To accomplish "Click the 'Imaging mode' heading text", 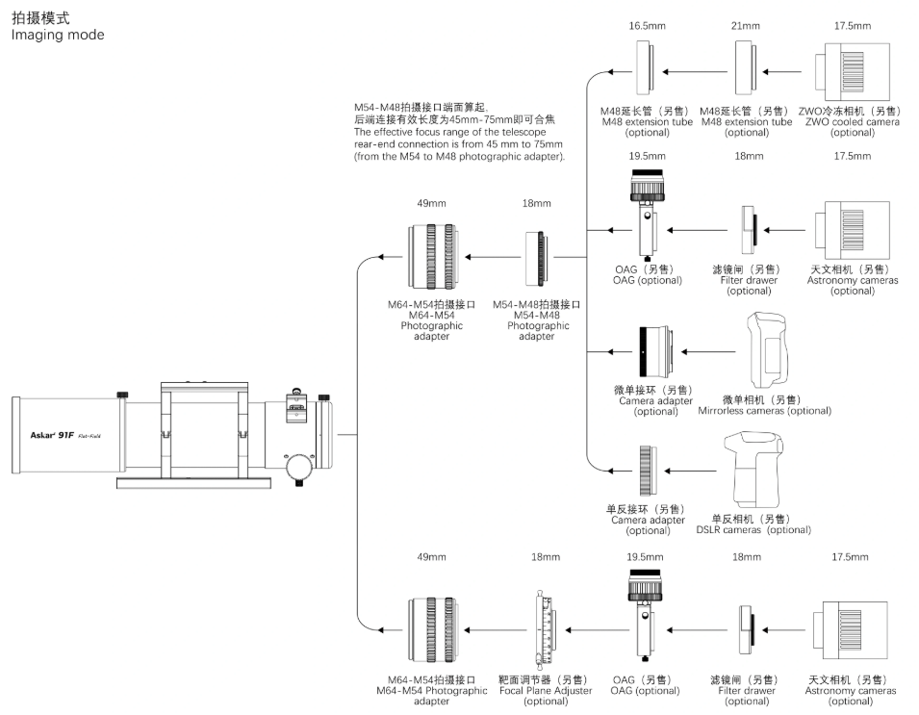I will click(x=57, y=36).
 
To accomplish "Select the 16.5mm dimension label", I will click(x=648, y=26).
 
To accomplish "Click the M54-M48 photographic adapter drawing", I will click(x=537, y=257).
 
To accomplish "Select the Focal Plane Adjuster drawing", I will click(x=545, y=629).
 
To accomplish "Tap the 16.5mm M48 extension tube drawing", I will click(x=647, y=71).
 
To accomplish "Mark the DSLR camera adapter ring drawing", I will click(x=648, y=471).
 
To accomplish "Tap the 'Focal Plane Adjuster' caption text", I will click(x=546, y=690).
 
